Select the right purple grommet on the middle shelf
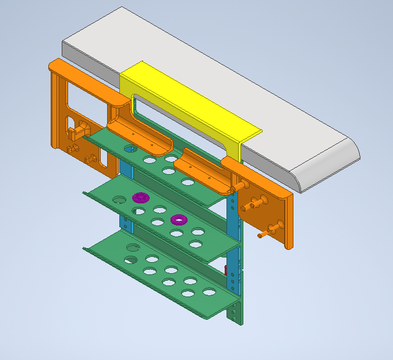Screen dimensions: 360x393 click(x=178, y=220)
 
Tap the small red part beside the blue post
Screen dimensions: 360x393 click(x=226, y=269)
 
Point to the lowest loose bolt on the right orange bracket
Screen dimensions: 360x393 click(x=262, y=235)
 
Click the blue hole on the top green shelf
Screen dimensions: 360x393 click(x=130, y=149)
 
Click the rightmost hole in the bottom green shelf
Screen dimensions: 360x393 click(x=209, y=291)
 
